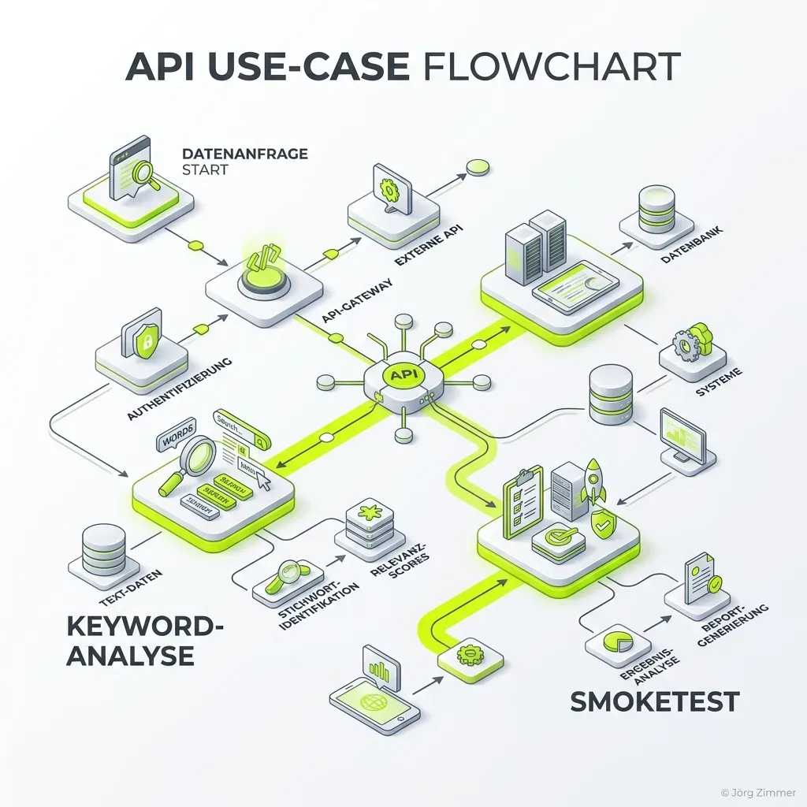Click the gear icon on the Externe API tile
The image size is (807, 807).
[x=388, y=189]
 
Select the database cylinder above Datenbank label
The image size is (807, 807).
[x=656, y=206]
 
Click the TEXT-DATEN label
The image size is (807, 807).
[x=121, y=584]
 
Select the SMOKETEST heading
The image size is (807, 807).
[x=655, y=700]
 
